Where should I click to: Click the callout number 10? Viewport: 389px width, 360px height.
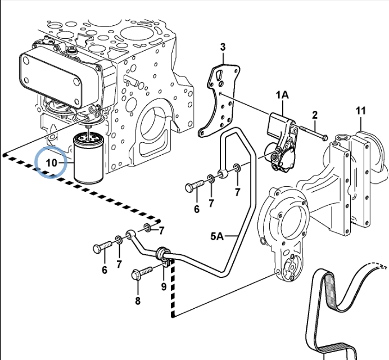[x=52, y=163]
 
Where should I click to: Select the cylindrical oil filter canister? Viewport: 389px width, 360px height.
[x=88, y=159]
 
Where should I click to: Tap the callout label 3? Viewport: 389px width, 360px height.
[x=223, y=47]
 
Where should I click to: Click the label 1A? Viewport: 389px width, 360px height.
[x=282, y=94]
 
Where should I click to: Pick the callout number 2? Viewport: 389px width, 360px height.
[x=315, y=115]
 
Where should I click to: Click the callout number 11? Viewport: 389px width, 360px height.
[x=361, y=110]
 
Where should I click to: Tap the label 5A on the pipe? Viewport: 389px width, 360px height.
[x=217, y=236]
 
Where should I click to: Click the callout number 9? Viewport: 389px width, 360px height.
[x=164, y=286]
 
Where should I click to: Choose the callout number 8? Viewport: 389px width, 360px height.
[x=138, y=301]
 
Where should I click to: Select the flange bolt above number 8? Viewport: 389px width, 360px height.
[x=142, y=272]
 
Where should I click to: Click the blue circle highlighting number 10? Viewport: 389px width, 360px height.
[x=51, y=162]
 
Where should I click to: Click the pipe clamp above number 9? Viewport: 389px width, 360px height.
[x=163, y=256]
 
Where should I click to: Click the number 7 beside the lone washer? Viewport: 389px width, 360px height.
[x=161, y=231]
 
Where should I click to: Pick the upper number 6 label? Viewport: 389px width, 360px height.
[x=197, y=209]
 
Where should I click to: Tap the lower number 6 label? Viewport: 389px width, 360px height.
[x=105, y=270]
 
